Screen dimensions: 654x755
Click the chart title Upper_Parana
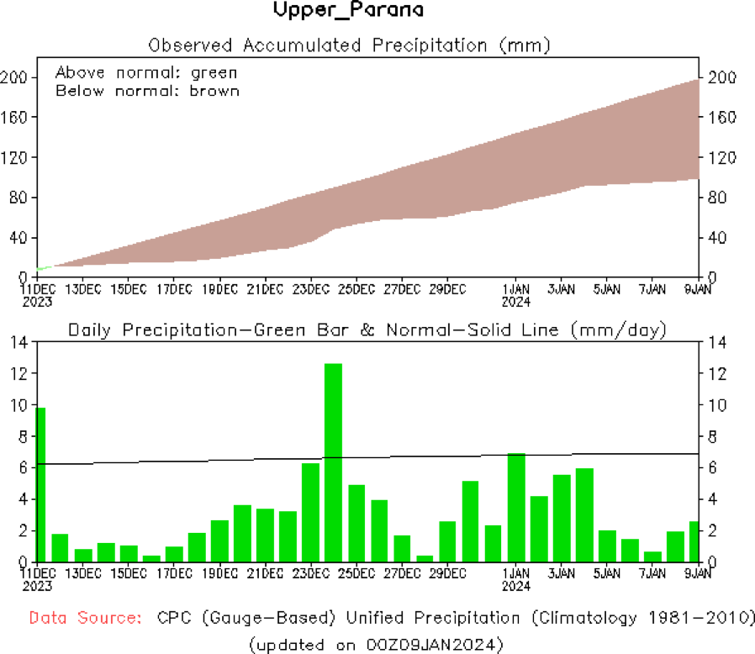348,11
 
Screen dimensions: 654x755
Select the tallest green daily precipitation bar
333,462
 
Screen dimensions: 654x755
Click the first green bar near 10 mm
40,484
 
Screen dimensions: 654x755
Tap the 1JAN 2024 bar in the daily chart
516,508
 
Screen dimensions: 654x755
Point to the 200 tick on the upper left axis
17,77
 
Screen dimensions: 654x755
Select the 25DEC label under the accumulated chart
356,289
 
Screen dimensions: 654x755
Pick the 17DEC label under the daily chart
173,574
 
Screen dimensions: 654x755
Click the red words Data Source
85,618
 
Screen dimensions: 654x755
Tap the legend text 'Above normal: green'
146,72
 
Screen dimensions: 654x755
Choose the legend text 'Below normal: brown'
147,91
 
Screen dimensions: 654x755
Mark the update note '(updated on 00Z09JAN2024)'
376,644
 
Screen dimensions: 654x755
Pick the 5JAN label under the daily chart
607,574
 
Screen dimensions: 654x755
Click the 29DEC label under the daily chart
447,574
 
